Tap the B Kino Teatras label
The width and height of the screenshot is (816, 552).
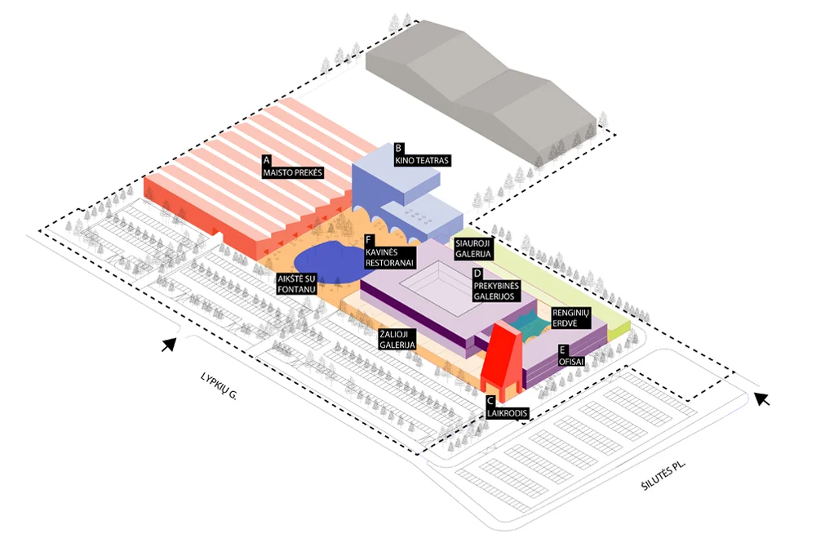421,154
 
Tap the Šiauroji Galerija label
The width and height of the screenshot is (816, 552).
473,249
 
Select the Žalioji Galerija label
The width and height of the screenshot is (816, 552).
397,340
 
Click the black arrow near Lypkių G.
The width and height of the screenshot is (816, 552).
171,345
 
